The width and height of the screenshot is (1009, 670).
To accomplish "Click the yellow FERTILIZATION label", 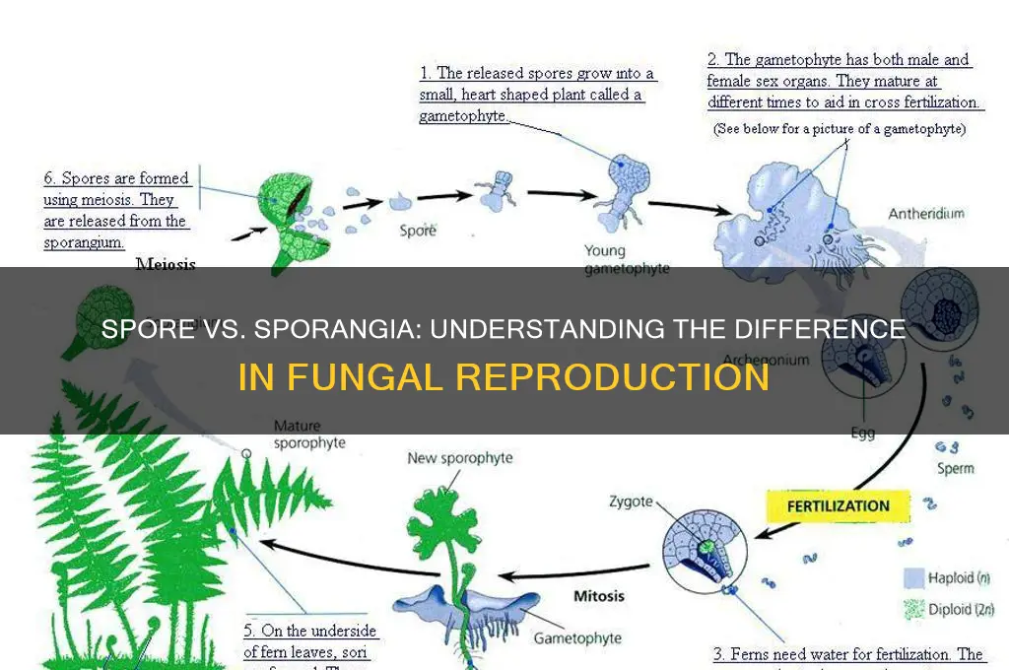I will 838,506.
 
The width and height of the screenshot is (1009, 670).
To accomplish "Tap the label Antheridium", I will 926,214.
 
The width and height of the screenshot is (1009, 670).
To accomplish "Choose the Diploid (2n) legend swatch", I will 912,609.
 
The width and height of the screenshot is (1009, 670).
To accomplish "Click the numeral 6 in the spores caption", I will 50,179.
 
